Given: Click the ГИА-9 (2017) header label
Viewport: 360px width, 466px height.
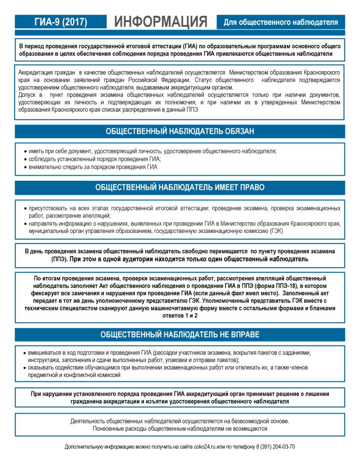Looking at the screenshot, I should tap(61, 22).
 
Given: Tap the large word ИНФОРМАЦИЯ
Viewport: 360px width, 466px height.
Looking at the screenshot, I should tap(160, 22).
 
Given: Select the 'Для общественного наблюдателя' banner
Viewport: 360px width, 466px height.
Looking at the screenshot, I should tap(281, 22).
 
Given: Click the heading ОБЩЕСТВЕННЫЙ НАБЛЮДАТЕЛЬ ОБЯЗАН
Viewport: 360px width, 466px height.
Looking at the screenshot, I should tap(180, 131).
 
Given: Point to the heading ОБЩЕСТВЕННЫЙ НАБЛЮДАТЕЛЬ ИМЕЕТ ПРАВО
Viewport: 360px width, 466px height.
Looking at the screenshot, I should tap(180, 187).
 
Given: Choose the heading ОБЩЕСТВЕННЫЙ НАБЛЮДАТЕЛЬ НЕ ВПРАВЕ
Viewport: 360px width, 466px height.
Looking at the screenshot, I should tap(180, 334).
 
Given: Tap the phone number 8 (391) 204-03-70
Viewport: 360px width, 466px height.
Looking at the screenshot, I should tap(276, 446).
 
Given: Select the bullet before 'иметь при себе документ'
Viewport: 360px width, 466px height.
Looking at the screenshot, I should tap(25, 151).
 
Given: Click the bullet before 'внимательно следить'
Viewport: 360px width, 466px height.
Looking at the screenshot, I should tap(25, 167).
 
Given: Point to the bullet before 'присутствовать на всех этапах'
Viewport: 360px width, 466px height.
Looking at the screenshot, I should tap(25, 208).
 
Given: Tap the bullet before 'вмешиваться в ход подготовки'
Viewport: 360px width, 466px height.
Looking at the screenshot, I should tap(25, 352).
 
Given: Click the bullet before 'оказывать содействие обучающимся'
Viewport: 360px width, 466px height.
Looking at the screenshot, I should tap(25, 368).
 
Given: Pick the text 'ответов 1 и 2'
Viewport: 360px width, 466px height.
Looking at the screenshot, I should tap(180, 316).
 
